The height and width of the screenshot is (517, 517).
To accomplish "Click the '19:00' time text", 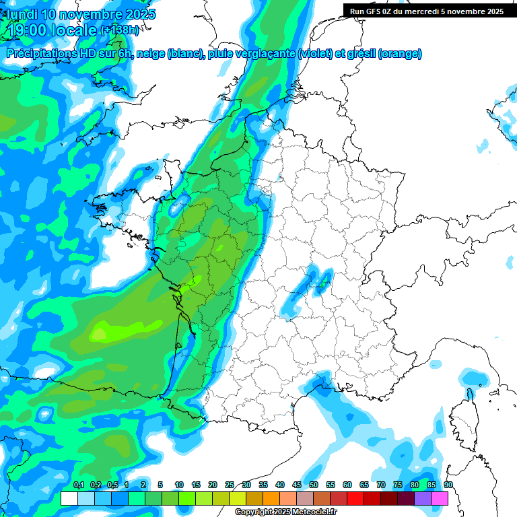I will click(x=27, y=30).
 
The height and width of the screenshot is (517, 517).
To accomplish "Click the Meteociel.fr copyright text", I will click(x=285, y=512).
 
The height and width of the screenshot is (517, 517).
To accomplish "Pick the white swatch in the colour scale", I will click(x=69, y=498).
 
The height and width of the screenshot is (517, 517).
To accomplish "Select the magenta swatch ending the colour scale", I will click(x=440, y=498).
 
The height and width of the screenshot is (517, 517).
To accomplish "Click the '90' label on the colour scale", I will click(x=448, y=485).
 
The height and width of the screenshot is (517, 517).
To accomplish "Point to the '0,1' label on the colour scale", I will click(x=79, y=485).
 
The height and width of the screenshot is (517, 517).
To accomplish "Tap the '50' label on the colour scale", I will click(x=314, y=485).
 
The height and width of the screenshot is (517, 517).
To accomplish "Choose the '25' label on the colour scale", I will click(x=230, y=485).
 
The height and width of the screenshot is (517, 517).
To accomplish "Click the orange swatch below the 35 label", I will click(x=271, y=498).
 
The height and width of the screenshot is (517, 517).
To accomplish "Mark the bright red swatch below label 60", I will click(x=355, y=498).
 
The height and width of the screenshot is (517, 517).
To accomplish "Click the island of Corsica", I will click(x=464, y=420).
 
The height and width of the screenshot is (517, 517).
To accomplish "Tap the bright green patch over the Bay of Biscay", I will click(x=101, y=331).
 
